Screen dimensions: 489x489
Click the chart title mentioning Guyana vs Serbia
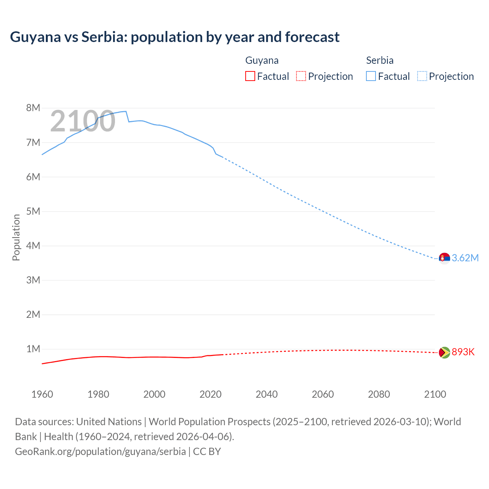175,37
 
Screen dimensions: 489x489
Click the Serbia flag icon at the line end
444,258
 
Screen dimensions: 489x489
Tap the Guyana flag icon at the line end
444,352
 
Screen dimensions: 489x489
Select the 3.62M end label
465,258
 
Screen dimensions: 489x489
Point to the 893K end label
463,352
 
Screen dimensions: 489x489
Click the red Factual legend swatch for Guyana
250,76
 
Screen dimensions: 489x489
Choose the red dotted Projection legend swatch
301,76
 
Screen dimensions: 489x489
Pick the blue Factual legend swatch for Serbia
371,76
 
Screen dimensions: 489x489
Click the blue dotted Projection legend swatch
422,76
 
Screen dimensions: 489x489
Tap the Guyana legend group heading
262,60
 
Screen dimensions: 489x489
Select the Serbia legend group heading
380,60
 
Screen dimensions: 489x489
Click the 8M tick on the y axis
33,108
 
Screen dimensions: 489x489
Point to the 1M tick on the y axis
33,349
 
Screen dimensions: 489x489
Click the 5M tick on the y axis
33,211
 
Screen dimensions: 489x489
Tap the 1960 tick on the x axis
42,394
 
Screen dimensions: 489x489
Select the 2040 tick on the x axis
267,394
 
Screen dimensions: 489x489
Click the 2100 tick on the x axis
435,394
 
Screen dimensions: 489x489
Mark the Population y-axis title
16,237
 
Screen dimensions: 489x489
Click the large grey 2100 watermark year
83,121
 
